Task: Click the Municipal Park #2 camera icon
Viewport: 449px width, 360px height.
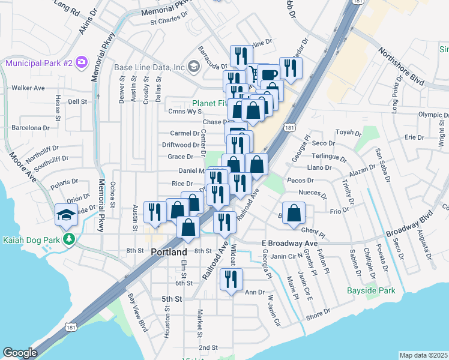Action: coord(81,62)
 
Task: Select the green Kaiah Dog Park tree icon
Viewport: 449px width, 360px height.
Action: coord(70,239)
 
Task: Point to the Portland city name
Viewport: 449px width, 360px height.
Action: coord(169,253)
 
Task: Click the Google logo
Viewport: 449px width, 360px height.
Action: coord(20,353)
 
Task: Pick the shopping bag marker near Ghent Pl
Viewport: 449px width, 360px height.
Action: coord(294,214)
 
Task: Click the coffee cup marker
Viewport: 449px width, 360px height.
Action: coord(270,75)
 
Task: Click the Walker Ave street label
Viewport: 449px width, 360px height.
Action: coord(28,88)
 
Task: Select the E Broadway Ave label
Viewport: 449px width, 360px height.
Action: coord(289,243)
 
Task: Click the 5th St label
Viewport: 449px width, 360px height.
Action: coord(171,298)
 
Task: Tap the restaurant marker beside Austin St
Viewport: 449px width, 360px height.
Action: coord(155,212)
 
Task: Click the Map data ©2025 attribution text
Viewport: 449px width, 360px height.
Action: coord(423,355)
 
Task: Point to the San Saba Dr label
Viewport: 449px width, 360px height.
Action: coord(383,166)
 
